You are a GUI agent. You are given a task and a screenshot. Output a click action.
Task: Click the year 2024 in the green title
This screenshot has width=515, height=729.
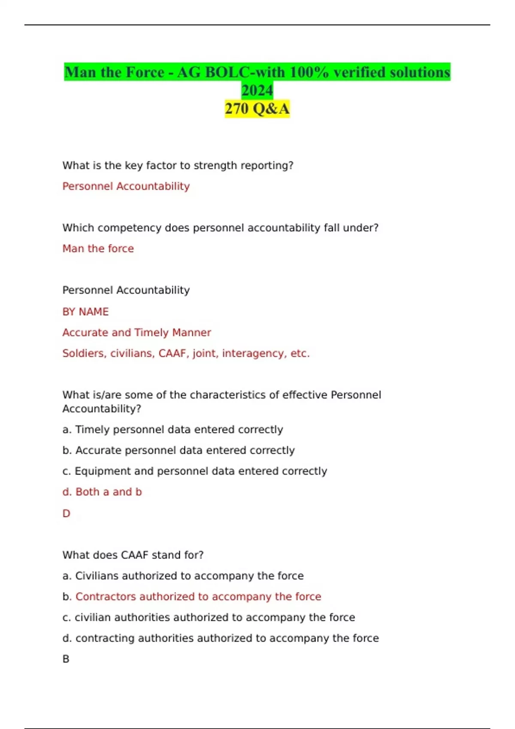pos(257,90)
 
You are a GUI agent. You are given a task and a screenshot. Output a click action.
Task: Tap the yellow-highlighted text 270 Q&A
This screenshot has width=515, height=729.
pos(257,108)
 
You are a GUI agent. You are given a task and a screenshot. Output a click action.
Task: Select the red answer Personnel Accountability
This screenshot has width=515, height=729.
pos(126,186)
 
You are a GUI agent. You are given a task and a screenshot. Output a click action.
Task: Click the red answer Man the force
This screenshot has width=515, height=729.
pos(98,248)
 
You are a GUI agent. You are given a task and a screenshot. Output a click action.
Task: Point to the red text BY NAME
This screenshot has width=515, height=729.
pos(85,312)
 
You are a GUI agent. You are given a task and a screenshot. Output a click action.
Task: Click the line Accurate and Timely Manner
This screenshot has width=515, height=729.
pos(136,332)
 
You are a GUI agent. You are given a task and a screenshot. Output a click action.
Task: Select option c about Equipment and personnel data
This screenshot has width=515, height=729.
pos(194,471)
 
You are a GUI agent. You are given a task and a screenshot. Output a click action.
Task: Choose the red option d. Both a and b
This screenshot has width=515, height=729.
pos(102,492)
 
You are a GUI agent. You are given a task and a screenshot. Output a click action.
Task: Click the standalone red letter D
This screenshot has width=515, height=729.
pos(66,513)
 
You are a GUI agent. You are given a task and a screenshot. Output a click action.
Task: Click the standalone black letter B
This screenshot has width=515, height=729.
pos(66,659)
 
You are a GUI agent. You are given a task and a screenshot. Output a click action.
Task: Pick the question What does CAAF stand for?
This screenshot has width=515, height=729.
pos(133,555)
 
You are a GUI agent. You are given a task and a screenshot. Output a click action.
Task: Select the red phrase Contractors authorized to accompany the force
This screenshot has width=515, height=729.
pos(198,596)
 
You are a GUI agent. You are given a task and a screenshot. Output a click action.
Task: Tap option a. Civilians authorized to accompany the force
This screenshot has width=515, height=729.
pos(183,575)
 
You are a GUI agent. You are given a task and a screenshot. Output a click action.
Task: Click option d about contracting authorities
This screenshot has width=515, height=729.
pos(221,638)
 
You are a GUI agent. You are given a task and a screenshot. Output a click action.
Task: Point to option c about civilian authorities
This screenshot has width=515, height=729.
pos(209,617)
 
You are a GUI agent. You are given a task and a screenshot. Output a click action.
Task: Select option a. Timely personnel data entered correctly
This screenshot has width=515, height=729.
pos(173,429)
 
